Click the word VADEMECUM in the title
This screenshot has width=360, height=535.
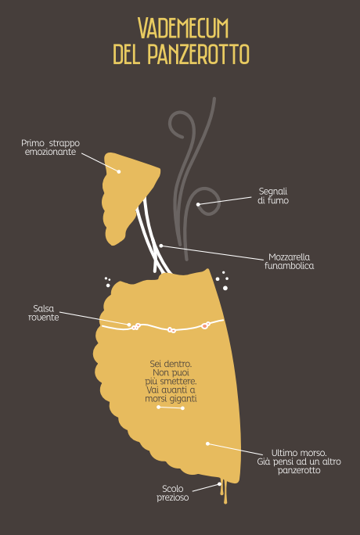[x=183, y=28]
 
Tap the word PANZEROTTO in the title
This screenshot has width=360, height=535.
[x=198, y=54]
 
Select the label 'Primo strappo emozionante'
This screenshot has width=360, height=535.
[x=51, y=147]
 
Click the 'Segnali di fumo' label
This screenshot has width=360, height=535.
[x=273, y=196]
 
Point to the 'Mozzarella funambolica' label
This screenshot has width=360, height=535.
[x=290, y=261]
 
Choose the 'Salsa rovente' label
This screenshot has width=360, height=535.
[x=44, y=313]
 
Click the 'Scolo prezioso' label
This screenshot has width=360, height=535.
[x=173, y=494]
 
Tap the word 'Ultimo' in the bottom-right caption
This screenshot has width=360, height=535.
[x=283, y=453]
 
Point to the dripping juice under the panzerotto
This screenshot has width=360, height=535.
[x=224, y=491]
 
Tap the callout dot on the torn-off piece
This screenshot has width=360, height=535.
[x=119, y=171]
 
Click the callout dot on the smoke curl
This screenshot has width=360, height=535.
[x=198, y=204]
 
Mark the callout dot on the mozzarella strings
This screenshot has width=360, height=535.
[x=161, y=246]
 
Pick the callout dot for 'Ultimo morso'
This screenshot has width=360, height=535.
[x=207, y=443]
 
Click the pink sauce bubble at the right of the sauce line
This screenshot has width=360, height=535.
[x=205, y=326]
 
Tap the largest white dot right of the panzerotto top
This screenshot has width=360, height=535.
[x=225, y=289]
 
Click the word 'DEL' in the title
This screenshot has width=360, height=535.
[x=127, y=54]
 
